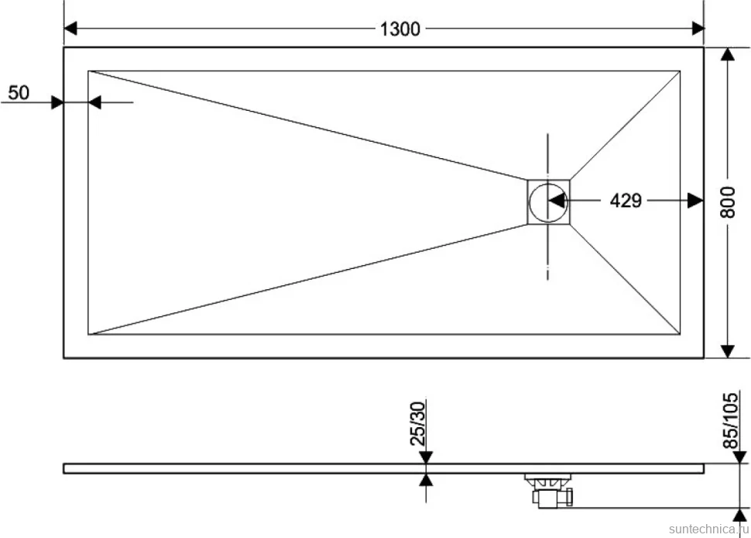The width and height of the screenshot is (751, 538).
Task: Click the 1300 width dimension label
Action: pyautogui.click(x=400, y=29)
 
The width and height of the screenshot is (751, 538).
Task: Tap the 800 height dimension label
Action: pyautogui.click(x=728, y=202)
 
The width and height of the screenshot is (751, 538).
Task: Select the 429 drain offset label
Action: pyautogui.click(x=626, y=201)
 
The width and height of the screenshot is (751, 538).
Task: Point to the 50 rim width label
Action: pyautogui.click(x=19, y=92)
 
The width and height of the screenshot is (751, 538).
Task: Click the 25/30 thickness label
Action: pyautogui.click(x=417, y=423)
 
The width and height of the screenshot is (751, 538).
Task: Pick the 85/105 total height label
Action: pyautogui.click(x=730, y=420)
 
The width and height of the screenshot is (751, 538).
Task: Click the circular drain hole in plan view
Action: pyautogui.click(x=548, y=202)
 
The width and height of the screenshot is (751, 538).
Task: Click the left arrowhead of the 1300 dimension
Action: pyautogui.click(x=70, y=28)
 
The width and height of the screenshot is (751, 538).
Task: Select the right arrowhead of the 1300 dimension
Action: pyautogui.click(x=698, y=28)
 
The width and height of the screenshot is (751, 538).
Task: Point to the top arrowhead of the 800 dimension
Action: pyautogui.click(x=728, y=54)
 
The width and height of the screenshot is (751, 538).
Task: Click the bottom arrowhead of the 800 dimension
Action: pyautogui.click(x=728, y=351)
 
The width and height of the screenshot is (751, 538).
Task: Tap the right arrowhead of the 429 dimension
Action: pyautogui.click(x=695, y=201)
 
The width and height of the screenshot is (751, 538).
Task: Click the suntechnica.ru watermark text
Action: pyautogui.click(x=709, y=529)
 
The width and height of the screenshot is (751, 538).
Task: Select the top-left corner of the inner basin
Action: pyautogui.click(x=88, y=71)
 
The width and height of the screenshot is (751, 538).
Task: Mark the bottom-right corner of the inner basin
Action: pyautogui.click(x=680, y=334)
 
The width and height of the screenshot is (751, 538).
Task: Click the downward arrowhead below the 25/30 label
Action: pyautogui.click(x=426, y=457)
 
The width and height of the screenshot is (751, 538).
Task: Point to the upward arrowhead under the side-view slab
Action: pyautogui.click(x=426, y=480)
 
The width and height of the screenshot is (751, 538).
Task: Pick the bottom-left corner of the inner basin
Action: pyautogui.click(x=88, y=334)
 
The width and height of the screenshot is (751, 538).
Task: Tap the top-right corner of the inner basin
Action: pyautogui.click(x=680, y=71)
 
